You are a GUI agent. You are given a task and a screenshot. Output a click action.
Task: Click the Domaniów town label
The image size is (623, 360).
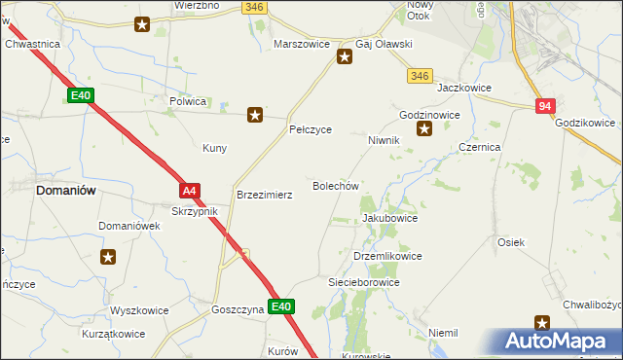point(65,191)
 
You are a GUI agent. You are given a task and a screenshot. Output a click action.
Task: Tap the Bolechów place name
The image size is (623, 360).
point(336,186)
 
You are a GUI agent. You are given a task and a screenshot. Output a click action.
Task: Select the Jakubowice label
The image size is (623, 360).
point(389,219)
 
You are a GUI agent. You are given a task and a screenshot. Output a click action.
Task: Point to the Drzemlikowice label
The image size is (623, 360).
point(386,256)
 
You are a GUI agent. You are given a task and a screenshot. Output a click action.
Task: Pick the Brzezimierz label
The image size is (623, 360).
point(265,195)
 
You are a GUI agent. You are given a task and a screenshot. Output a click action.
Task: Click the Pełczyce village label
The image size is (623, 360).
point(311,129)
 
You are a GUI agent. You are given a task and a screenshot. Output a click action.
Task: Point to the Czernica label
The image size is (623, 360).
point(479,147)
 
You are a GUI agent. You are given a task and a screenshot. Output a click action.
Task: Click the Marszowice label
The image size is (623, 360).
point(304,45)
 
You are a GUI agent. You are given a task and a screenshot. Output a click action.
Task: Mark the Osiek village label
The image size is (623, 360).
point(511,242)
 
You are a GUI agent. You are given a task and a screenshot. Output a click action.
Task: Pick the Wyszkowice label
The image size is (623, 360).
point(139,311)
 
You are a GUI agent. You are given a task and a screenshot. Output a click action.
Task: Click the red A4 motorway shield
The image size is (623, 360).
point(190,191)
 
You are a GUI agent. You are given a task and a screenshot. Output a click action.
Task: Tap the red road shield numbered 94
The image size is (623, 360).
point(545,106)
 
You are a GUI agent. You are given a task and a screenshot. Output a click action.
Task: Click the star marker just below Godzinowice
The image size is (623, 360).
point(423,128)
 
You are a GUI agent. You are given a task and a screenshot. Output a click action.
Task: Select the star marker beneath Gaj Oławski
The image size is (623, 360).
point(345,57)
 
